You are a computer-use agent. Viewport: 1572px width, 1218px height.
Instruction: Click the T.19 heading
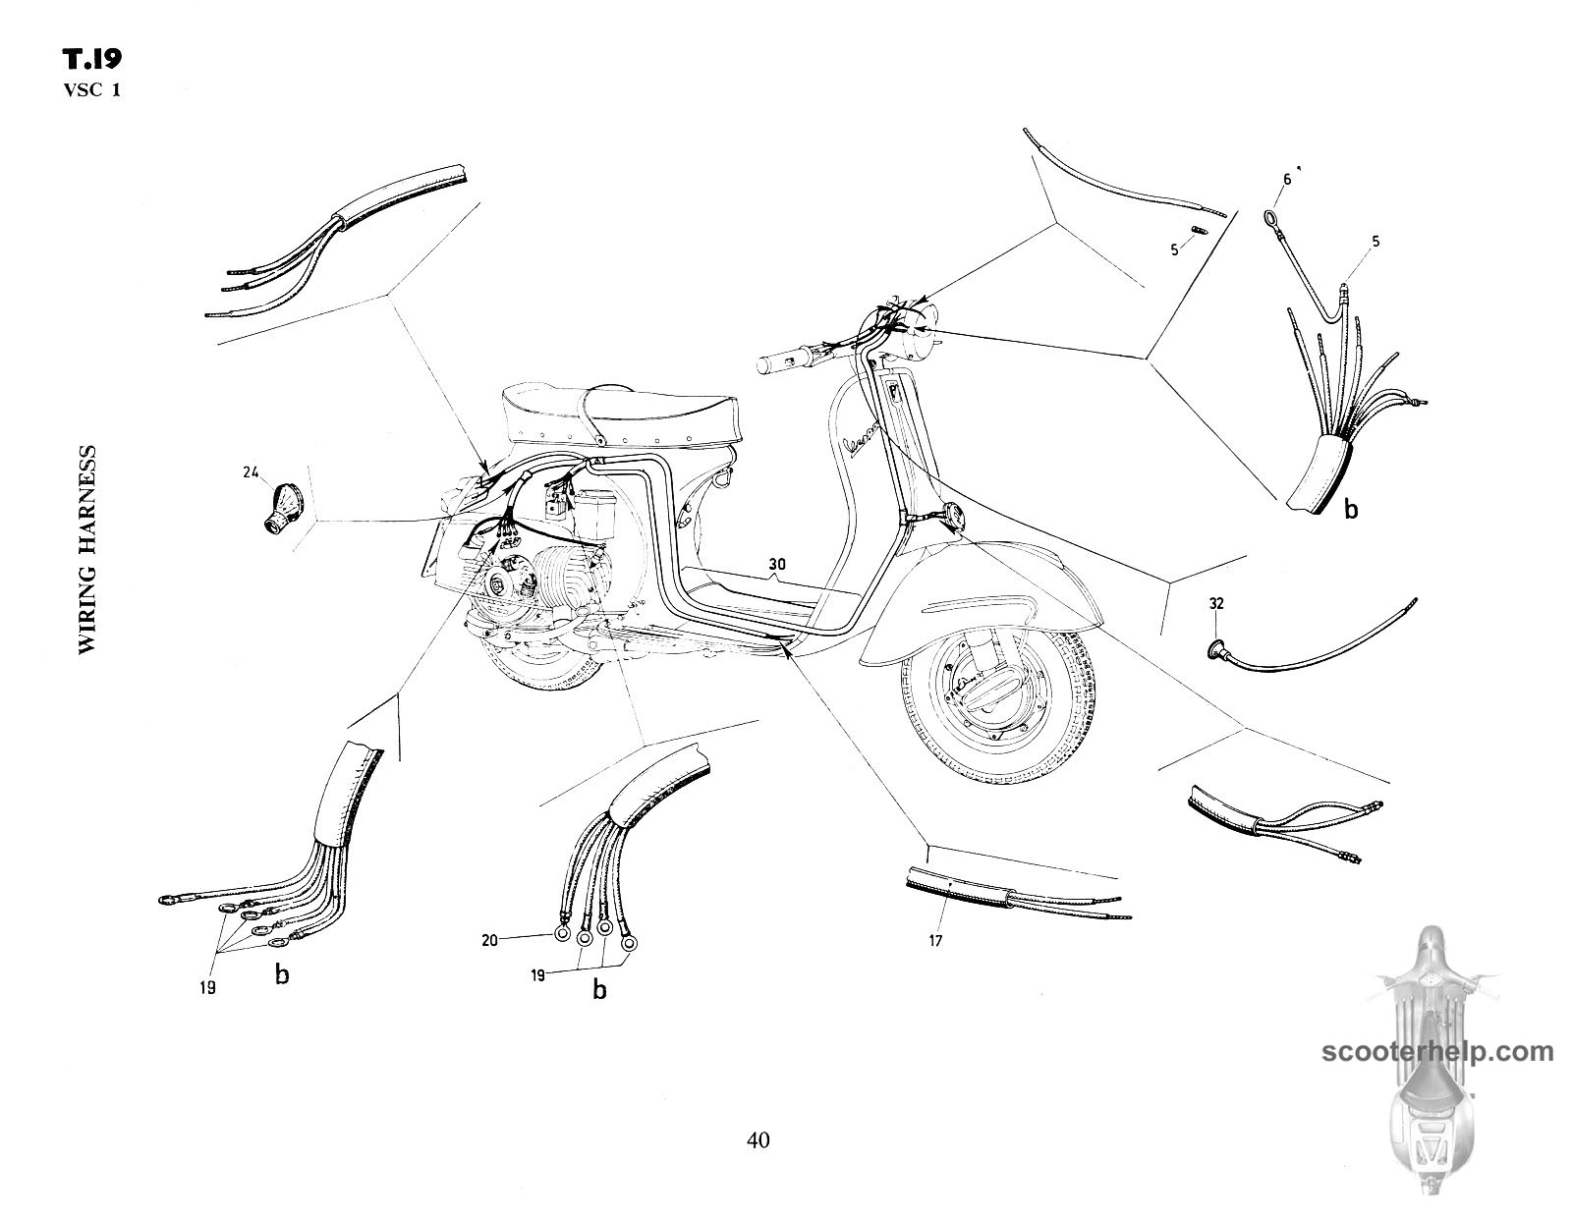[92, 61]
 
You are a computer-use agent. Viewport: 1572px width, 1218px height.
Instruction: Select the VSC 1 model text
[92, 91]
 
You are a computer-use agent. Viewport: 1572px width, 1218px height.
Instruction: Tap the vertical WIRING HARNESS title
[86, 550]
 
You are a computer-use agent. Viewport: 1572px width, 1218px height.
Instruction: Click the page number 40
[758, 1139]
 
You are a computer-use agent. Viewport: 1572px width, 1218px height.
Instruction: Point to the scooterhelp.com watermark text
[1437, 1051]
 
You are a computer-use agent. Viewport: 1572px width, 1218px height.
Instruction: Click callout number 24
[251, 472]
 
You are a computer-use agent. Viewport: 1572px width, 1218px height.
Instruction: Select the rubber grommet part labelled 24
[282, 509]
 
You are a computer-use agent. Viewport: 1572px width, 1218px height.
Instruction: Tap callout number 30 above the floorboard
[777, 564]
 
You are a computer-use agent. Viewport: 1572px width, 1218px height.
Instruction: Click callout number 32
[1216, 603]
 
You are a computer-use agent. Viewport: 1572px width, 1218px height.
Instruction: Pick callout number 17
[935, 940]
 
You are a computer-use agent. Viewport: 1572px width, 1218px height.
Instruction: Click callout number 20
[489, 940]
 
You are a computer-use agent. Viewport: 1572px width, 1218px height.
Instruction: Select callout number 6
[1286, 179]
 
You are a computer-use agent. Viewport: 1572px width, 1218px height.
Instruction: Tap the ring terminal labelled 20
[561, 936]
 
